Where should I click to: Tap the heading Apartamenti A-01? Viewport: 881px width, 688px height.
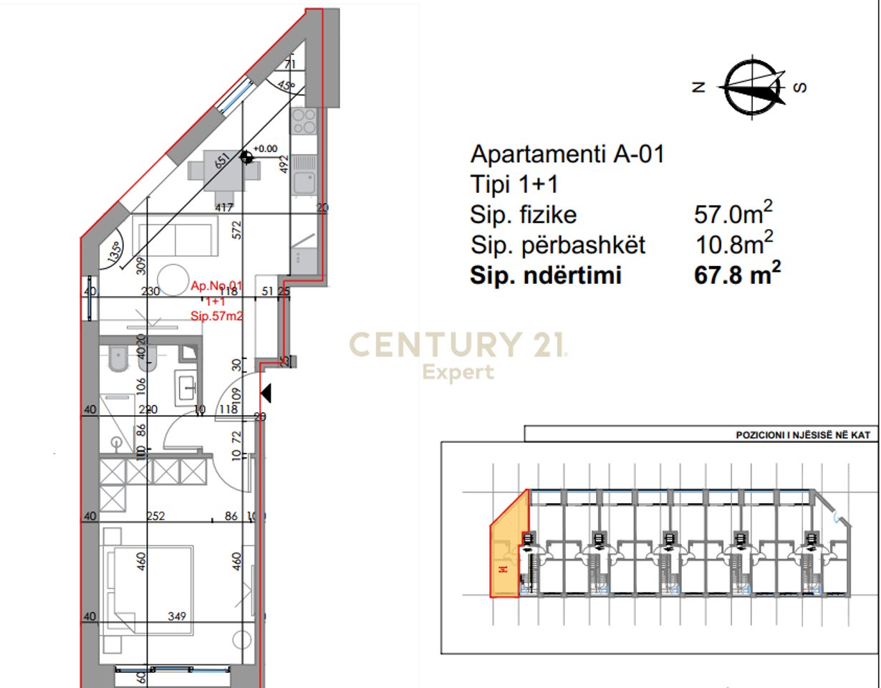click(567, 153)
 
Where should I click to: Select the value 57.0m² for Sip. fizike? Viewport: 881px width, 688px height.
click(733, 213)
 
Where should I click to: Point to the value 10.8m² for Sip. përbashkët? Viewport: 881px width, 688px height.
click(735, 244)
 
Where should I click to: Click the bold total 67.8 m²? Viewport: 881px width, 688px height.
click(737, 274)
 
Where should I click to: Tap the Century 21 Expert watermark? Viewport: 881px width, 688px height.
click(458, 353)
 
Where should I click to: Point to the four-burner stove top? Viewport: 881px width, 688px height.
click(304, 121)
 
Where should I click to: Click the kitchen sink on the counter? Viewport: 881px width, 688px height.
click(304, 173)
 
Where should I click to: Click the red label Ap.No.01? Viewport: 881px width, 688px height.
click(216, 287)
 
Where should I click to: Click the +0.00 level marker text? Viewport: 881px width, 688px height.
click(265, 148)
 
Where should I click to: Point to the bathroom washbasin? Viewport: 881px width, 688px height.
click(188, 386)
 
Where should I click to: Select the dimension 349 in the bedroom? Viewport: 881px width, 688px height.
click(177, 616)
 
